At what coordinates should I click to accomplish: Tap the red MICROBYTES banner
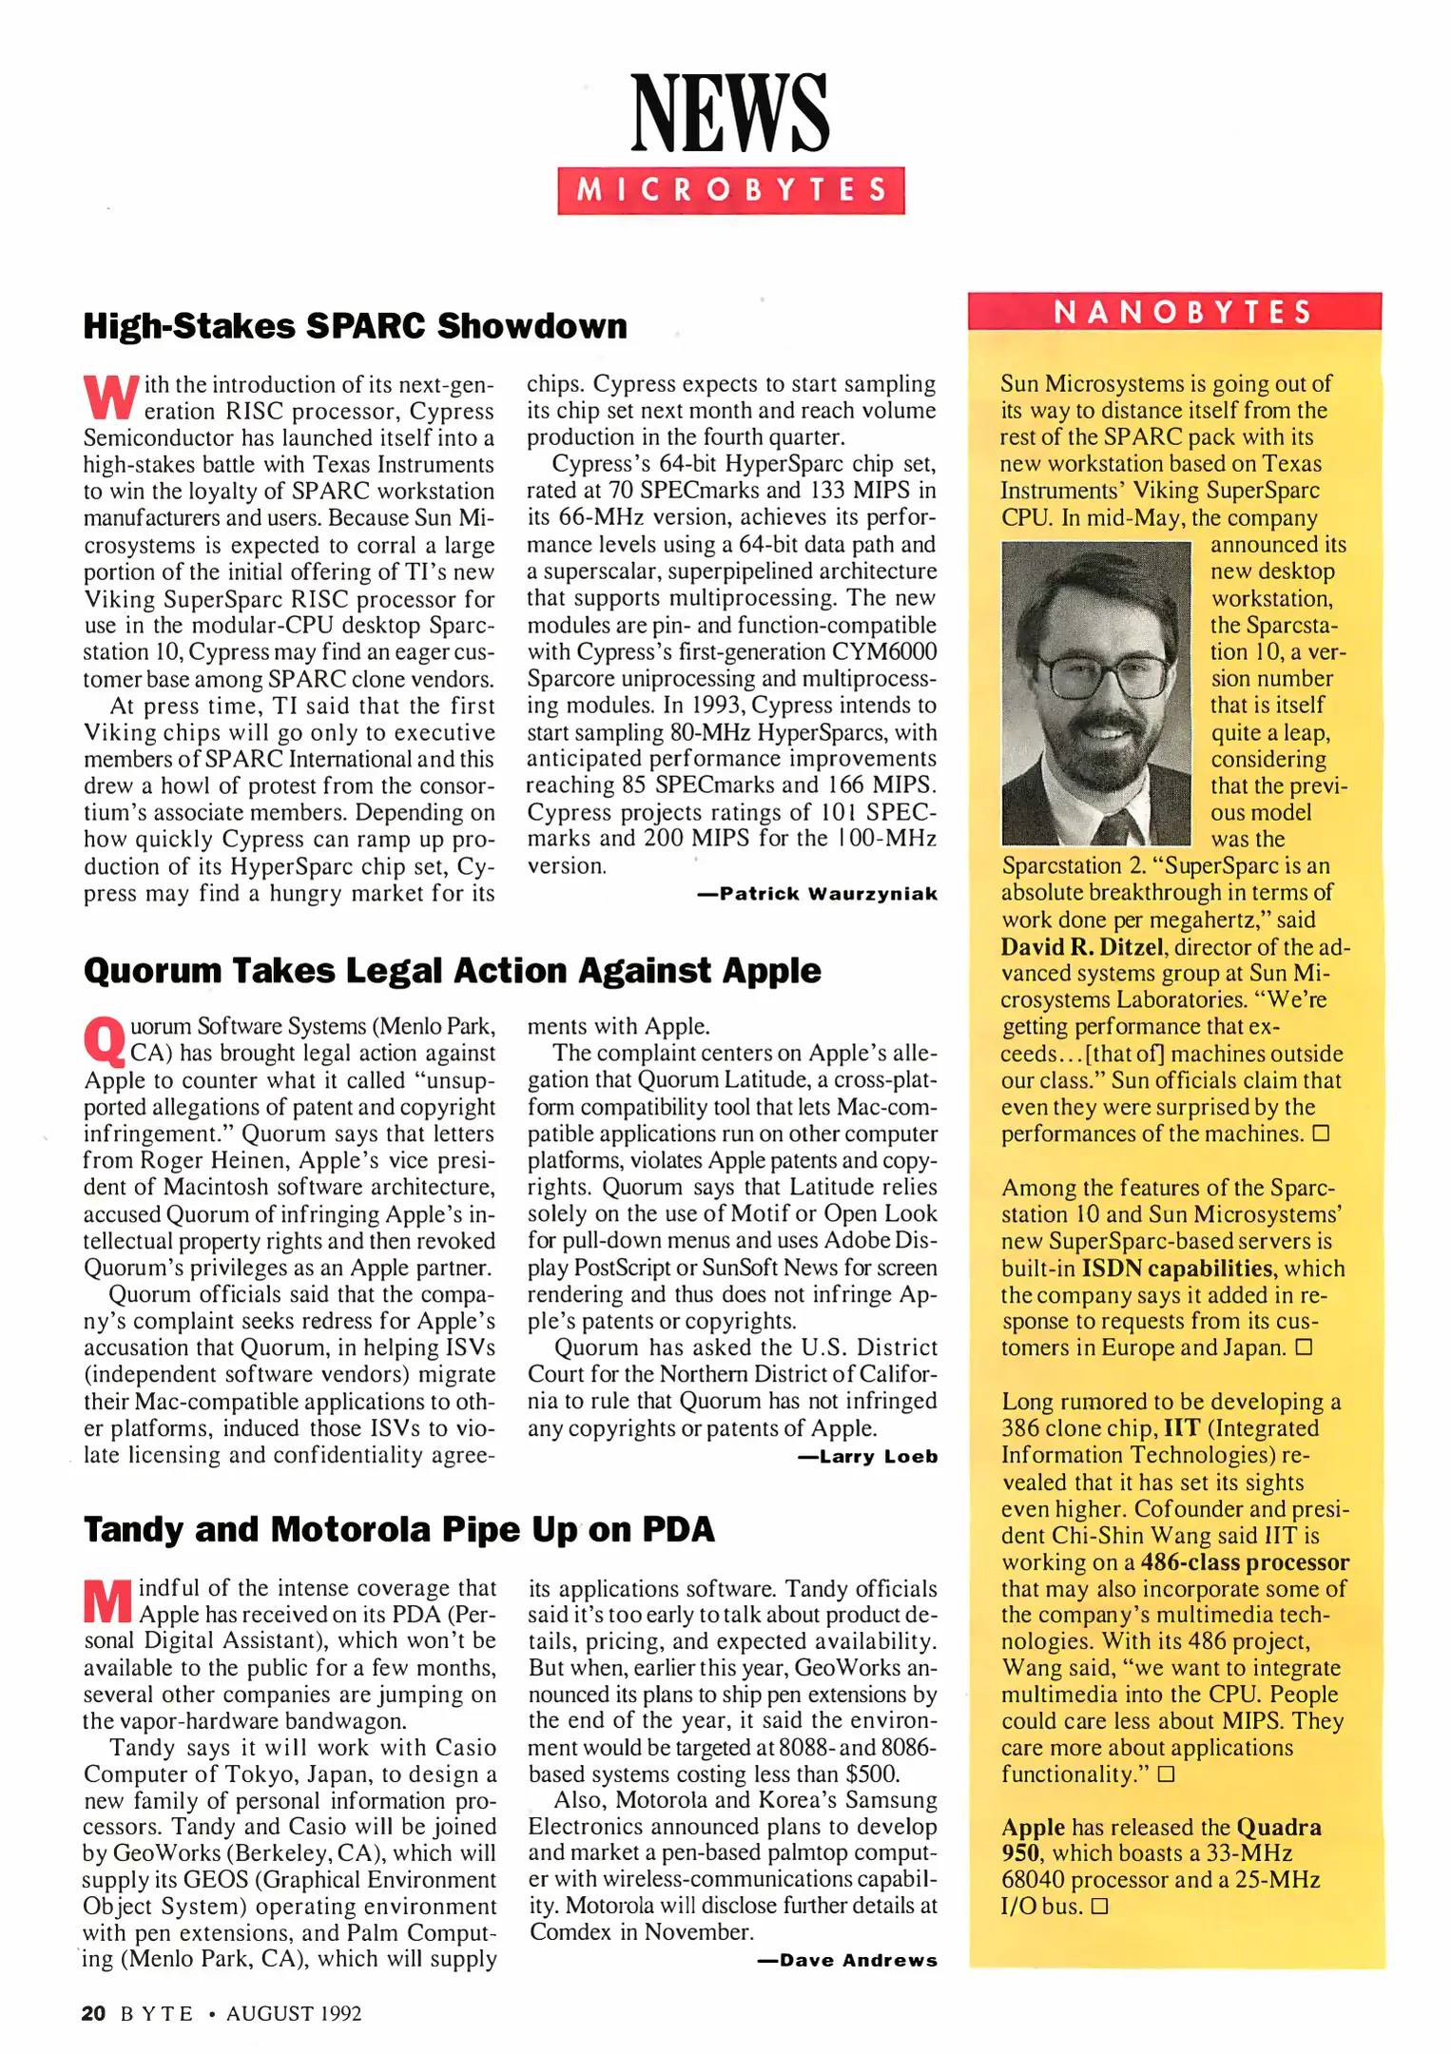(730, 190)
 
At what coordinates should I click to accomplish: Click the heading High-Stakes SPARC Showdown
(355, 326)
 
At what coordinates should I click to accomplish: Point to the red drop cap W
(111, 397)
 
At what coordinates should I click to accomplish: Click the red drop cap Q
(105, 1041)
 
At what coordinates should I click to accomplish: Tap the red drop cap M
(107, 1601)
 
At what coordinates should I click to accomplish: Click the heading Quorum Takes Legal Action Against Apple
(452, 971)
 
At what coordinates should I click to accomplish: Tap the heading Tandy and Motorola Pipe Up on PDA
(398, 1530)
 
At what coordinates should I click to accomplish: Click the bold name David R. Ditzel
(1082, 947)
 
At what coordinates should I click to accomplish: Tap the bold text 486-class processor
(1244, 1562)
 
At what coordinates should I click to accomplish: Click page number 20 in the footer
(93, 2013)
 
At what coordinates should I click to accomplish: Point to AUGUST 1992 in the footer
(294, 2014)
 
